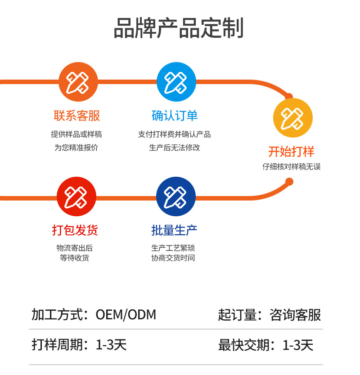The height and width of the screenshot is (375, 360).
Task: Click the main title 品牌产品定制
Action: pos(179,28)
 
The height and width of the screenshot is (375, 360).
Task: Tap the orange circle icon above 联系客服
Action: pos(78,82)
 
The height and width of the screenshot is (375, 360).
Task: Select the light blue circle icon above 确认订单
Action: pos(176,82)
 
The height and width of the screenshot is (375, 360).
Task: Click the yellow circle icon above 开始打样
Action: pos(292,118)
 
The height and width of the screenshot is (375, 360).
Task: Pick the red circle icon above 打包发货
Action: pos(76,196)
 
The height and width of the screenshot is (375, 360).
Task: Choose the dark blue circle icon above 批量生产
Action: pos(175,196)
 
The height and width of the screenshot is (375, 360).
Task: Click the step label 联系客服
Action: pos(77,116)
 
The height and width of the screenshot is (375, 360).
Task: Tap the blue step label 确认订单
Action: pos(175,116)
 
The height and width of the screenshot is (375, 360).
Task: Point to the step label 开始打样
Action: pos(291,151)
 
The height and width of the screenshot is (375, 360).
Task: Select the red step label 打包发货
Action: pos(75,230)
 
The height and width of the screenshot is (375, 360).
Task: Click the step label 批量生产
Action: pos(174,230)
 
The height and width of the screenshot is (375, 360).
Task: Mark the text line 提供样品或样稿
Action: pos(76,134)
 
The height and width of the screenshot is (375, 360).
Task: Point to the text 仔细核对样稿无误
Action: pos(292,166)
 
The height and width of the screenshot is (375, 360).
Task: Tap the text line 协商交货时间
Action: pos(173,258)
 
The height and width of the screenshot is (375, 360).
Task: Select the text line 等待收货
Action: pos(75,258)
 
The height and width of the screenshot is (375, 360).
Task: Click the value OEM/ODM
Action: pos(126,315)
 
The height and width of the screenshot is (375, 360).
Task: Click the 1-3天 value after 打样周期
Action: pos(111,345)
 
